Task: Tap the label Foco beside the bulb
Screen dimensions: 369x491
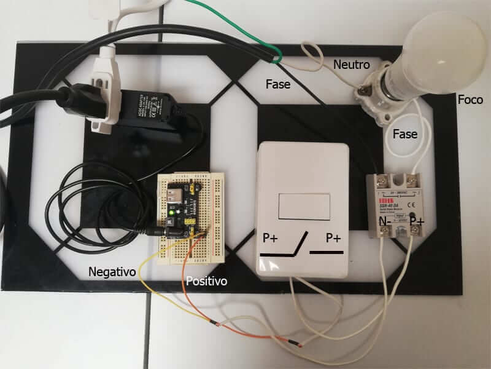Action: point(470,100)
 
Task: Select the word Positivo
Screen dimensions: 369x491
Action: point(206,281)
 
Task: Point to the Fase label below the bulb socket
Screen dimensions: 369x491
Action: point(404,133)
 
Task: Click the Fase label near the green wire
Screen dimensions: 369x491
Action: point(278,84)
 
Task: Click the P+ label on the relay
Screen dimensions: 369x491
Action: point(418,220)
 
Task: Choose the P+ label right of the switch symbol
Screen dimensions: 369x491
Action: point(333,238)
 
